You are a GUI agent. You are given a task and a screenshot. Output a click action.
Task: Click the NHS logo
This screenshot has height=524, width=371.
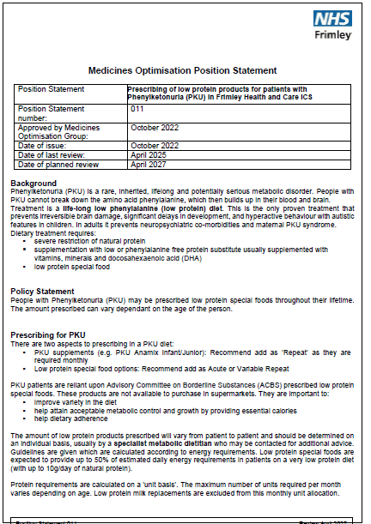point(334,19)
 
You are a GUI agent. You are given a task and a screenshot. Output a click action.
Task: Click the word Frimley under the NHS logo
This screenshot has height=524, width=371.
point(336,36)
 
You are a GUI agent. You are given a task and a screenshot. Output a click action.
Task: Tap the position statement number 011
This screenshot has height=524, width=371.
point(137,110)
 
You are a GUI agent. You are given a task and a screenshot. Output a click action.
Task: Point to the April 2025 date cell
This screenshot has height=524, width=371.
point(148,155)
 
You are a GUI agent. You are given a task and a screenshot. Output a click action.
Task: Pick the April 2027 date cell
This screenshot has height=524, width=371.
point(148,164)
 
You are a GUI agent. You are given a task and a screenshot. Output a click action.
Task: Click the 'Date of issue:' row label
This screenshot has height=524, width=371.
point(44,146)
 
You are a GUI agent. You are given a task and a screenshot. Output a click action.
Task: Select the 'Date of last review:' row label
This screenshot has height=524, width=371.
point(52,155)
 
